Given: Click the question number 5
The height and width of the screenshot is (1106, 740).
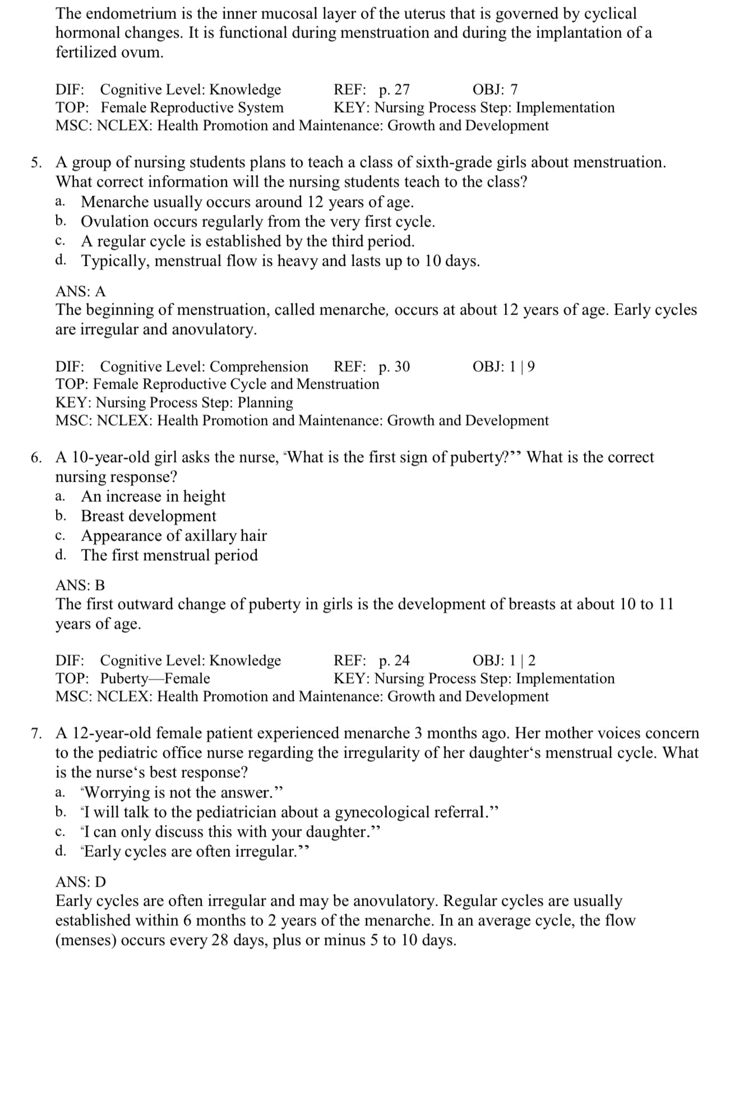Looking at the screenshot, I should coord(36,163).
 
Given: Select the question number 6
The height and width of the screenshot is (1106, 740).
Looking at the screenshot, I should coord(36,458).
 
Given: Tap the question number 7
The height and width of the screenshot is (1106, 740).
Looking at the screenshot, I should coord(36,734).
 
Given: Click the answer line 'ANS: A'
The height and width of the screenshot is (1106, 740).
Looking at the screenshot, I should coord(80,292).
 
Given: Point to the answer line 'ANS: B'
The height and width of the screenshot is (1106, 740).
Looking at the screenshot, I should coord(80,586).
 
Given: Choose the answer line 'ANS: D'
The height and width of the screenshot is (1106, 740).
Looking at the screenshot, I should coord(81,882).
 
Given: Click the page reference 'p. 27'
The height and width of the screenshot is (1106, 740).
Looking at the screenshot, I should coord(394,90).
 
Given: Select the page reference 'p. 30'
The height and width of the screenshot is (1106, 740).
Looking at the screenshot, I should coord(394,367).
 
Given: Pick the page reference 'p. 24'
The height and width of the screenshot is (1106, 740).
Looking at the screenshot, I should coord(394,661).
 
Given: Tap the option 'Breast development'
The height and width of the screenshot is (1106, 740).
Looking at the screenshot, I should coord(149,516).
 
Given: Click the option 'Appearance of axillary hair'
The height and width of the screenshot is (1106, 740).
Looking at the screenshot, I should coord(174,536).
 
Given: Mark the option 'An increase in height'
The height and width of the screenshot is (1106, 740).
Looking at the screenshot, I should coord(153,496).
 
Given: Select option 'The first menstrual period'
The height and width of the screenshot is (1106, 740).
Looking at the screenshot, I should coord(169,555).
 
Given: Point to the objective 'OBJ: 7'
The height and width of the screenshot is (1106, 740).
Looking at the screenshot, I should coord(495,90).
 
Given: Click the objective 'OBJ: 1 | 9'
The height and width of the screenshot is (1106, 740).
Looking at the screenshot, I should coord(503,367).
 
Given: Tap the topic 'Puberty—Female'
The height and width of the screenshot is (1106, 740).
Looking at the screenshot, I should coord(155,679).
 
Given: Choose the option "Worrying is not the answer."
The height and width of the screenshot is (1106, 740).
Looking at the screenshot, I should coord(182,792).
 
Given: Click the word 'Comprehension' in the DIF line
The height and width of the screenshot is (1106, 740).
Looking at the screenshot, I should coord(259,367).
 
